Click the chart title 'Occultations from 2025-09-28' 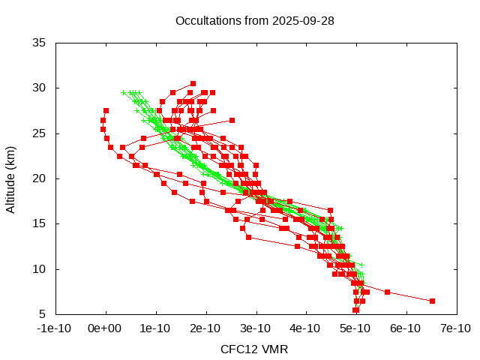point(254,20)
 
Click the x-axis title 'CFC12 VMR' point(254,349)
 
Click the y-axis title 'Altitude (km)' point(10,178)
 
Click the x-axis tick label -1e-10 point(55,328)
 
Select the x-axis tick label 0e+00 point(106,328)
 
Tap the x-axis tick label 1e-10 point(155,328)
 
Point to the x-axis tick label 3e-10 point(255,328)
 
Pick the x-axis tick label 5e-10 point(355,328)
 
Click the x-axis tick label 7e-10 point(454,328)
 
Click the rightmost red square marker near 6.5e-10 point(432,301)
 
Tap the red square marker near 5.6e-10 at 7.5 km point(387,292)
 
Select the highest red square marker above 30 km point(193,83)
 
